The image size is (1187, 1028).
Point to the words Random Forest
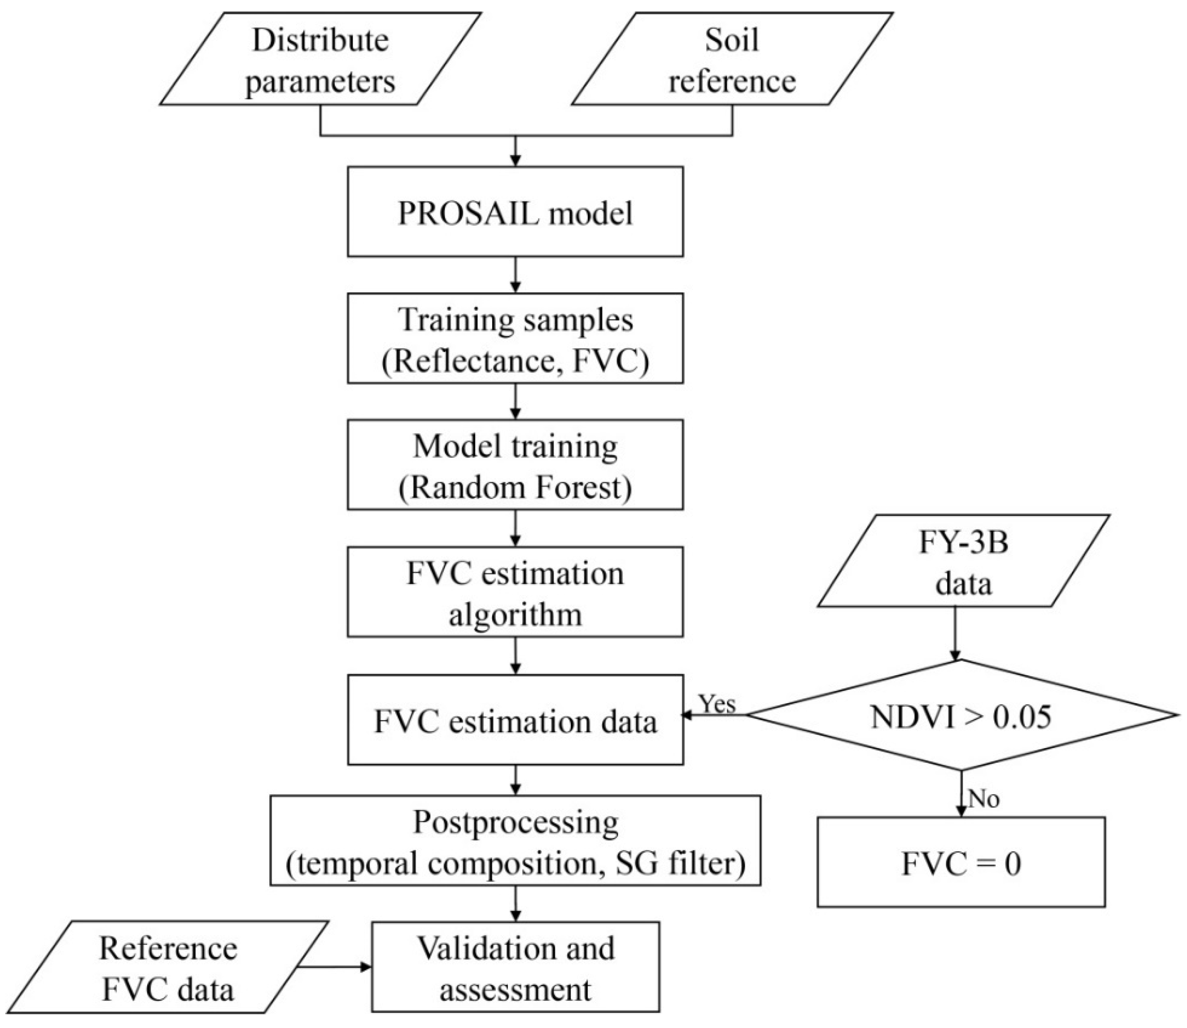pyautogui.click(x=515, y=488)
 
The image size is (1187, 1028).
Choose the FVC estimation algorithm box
pyautogui.click(x=515, y=592)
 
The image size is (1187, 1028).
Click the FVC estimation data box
pyautogui.click(x=515, y=720)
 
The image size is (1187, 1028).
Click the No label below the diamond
pyautogui.click(x=983, y=799)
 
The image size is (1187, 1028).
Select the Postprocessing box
pyautogui.click(x=515, y=841)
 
